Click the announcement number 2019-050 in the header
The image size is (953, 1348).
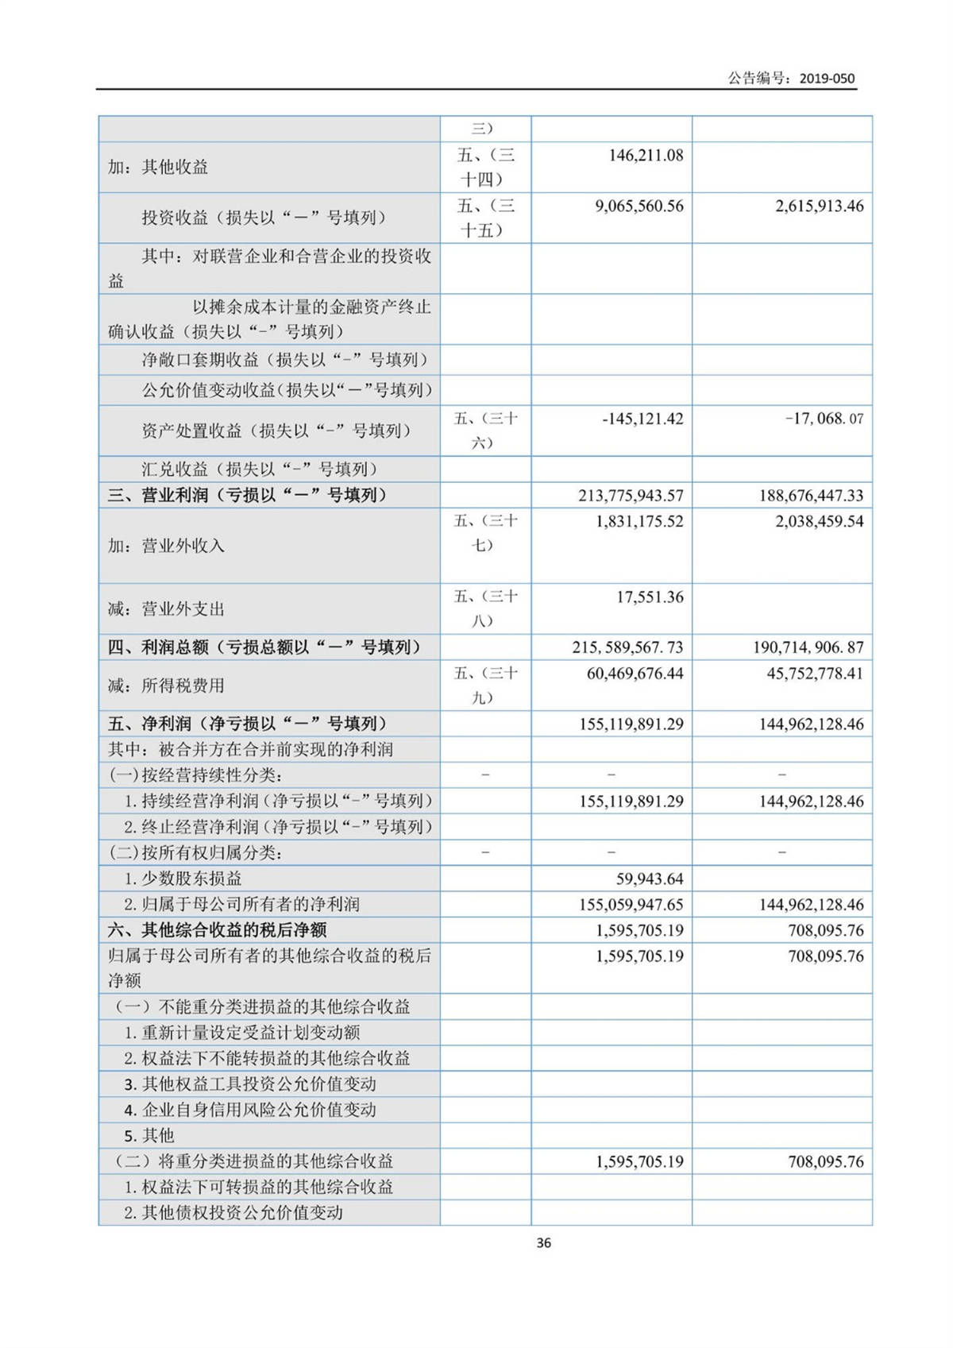coord(827,78)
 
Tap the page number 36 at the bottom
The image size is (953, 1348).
coord(543,1242)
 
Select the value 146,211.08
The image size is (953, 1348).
coord(646,155)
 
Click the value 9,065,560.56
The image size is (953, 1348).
coord(639,206)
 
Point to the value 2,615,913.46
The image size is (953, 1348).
coord(819,206)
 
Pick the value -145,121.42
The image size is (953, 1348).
coord(642,419)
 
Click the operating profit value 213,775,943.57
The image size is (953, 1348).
coord(631,496)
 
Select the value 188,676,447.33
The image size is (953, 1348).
coord(811,496)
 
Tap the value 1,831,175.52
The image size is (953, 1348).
coord(639,521)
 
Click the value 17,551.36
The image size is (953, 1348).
coord(650,597)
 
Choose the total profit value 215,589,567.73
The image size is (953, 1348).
coord(627,647)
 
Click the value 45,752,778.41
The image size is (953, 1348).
coord(815,673)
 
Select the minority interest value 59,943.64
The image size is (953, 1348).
coord(650,879)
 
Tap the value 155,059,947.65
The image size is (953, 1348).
coord(631,904)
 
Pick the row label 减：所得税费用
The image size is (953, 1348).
coord(166,685)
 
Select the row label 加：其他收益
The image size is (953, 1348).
coord(158,167)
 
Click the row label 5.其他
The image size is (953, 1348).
coord(149,1135)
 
